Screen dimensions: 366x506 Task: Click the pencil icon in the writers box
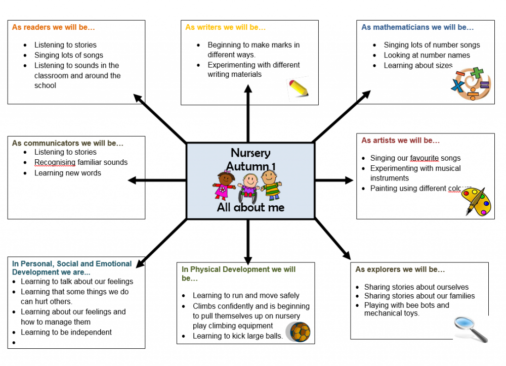click(x=298, y=88)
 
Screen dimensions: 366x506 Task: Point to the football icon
click(x=299, y=332)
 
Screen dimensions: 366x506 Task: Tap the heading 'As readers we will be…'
click(x=53, y=27)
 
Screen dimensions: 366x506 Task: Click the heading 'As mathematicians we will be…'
click(x=417, y=27)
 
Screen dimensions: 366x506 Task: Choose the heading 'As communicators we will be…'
click(x=67, y=143)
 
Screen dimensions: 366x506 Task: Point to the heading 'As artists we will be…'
click(x=400, y=141)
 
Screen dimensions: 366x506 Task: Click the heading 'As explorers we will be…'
click(x=400, y=269)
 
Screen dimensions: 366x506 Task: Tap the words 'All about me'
click(x=250, y=207)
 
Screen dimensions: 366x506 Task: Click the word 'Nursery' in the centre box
click(x=250, y=153)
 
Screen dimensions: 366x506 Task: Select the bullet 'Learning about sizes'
click(x=418, y=65)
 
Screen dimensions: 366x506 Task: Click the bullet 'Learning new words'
click(x=67, y=173)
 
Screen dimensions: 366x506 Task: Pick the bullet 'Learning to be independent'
click(x=66, y=332)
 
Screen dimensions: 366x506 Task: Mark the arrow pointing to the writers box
click(x=248, y=114)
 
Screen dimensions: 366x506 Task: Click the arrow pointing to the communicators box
click(x=157, y=180)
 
